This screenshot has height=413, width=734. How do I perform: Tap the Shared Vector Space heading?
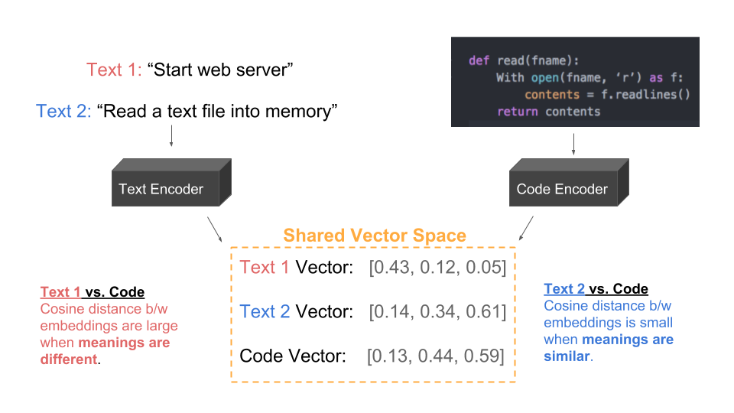coord(375,236)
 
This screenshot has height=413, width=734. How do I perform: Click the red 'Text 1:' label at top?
coord(114,70)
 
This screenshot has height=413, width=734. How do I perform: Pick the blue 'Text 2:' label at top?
coord(63,111)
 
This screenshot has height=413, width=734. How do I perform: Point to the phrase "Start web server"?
coord(221,70)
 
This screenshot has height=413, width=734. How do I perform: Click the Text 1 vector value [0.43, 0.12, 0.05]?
coord(437,268)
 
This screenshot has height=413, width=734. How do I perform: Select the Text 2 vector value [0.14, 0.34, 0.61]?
coord(437,312)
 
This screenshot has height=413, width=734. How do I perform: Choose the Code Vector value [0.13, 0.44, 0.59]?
coord(436,356)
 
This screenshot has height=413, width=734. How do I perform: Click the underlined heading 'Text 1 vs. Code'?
coord(92,292)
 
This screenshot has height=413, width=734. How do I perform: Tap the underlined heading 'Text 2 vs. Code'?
coord(596,289)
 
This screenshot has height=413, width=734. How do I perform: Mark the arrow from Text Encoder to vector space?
coord(216,228)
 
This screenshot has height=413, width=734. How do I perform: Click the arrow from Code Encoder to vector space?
coord(526,228)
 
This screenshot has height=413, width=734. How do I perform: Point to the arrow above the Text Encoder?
coord(171,135)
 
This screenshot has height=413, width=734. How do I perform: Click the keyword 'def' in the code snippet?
coord(479,60)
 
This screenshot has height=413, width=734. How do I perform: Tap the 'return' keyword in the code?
coord(517,112)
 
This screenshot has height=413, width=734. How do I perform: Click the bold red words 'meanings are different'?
coord(104,350)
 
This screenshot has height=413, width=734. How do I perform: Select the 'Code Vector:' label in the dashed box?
coord(293,356)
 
